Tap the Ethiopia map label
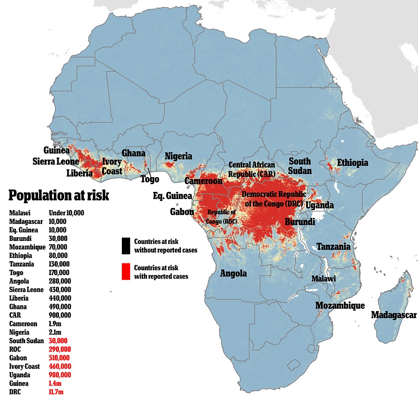coord(353,163)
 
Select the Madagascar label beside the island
coord(393,315)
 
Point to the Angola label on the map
coord(233,273)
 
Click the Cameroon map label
coord(203,181)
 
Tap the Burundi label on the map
coord(300,222)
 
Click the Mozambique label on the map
coord(340,305)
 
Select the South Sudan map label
coord(300,166)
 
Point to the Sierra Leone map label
coord(56,162)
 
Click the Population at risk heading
coord(59,195)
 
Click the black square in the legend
coord(126,246)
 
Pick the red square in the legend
coord(126,272)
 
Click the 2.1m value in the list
coord(55,332)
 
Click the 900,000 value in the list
coord(61,315)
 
